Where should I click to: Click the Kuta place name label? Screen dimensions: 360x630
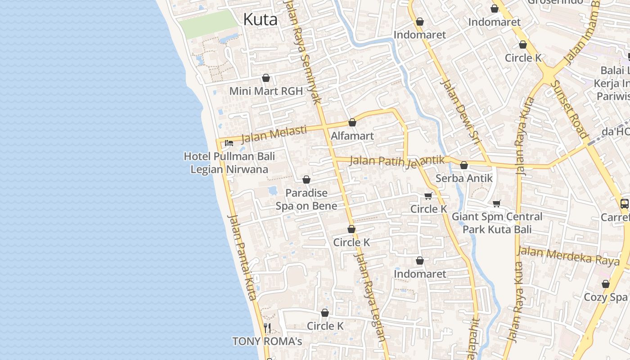260,19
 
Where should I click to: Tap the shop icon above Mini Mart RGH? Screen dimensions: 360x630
266,78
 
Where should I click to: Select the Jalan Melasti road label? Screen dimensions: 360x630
274,134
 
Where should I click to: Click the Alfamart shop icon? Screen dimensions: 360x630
352,122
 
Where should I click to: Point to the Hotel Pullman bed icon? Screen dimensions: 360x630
229,143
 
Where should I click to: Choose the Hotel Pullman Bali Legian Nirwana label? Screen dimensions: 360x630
229,163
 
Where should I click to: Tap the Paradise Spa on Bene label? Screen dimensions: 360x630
306,199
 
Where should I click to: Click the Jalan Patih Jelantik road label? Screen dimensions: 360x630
397,161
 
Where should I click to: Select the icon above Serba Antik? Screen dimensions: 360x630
464,165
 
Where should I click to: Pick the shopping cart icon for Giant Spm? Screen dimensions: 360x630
497,203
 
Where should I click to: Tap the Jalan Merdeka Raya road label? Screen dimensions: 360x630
568,256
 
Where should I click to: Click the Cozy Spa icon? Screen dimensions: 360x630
606,284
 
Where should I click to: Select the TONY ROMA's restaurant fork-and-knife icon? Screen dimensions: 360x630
267,328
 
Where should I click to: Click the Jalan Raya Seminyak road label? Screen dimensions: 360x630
303,52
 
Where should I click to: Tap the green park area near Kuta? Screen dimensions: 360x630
208,24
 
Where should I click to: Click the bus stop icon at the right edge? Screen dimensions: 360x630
625,203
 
